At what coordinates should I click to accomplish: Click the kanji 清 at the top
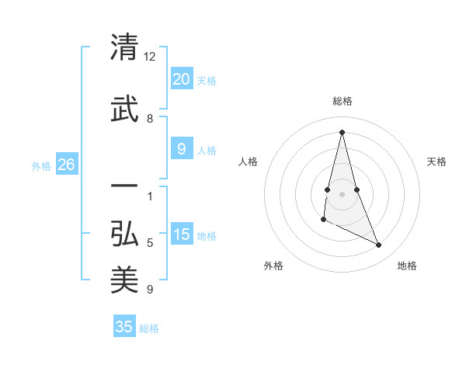[x=124, y=48]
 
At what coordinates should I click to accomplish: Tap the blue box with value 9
[x=181, y=150]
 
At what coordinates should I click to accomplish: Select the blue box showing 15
[x=181, y=235]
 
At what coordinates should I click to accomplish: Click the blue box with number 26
[x=66, y=165]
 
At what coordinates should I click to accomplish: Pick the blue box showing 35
[x=124, y=327]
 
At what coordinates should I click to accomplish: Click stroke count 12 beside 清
[x=150, y=57]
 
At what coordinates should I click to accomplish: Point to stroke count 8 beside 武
[x=150, y=119]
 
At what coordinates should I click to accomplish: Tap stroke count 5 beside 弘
[x=150, y=243]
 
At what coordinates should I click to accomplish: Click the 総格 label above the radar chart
[x=342, y=101]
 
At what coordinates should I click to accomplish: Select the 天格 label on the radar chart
[x=436, y=162]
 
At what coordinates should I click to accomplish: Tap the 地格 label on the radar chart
[x=407, y=266]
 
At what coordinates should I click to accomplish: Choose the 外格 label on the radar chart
[x=273, y=266]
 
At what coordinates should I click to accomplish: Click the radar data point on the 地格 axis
[x=379, y=245]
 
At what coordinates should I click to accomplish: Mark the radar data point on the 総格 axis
[x=342, y=132]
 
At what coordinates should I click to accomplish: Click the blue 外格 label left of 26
[x=41, y=165]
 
